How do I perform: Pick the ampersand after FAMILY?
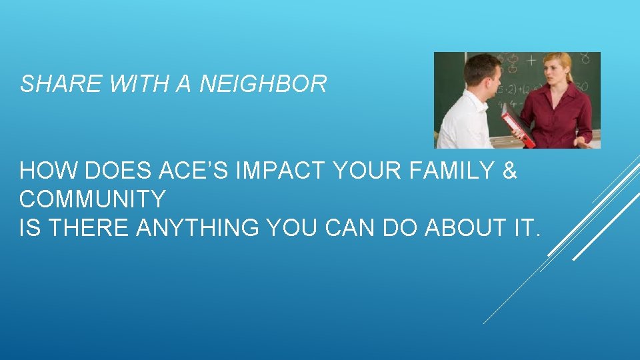click(509, 171)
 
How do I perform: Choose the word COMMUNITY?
click(93, 199)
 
